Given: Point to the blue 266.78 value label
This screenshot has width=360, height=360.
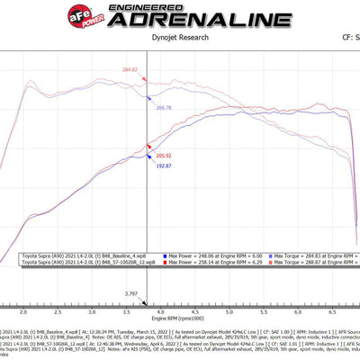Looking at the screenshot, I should point(163,107).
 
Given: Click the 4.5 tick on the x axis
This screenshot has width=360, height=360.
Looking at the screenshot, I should point(197,310).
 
